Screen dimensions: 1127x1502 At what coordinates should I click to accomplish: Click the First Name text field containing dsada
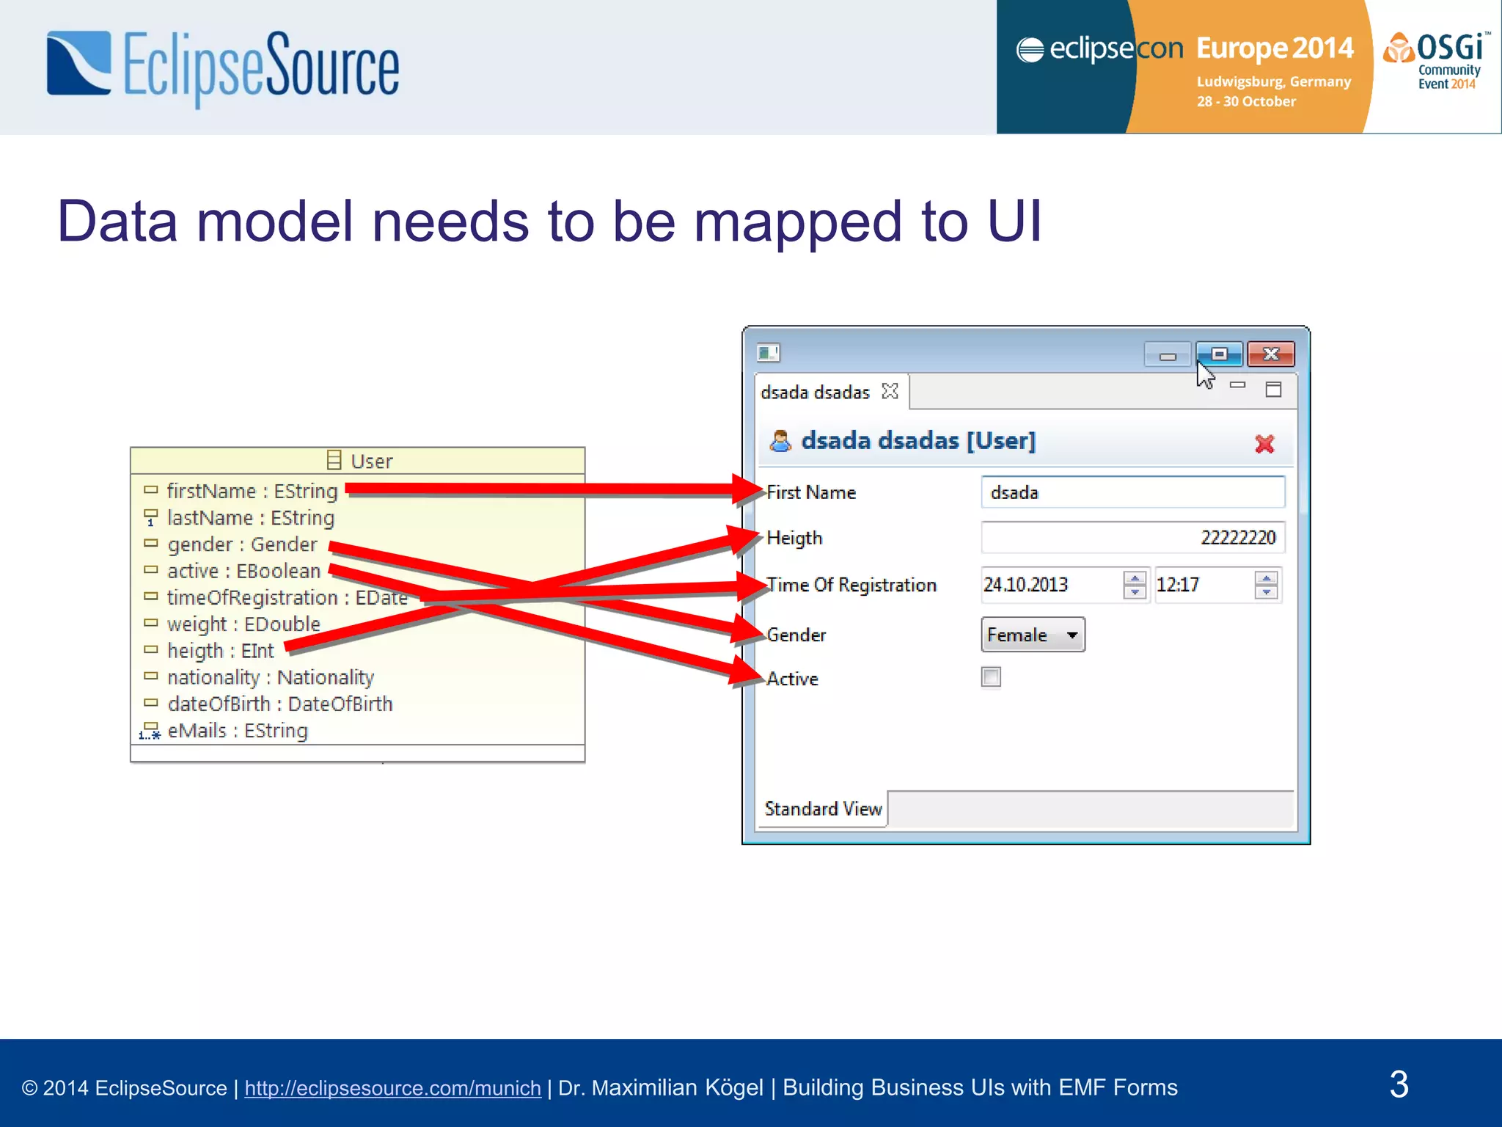1132,492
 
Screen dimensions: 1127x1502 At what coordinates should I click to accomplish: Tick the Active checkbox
991,677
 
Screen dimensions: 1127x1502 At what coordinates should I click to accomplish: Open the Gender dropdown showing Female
1033,635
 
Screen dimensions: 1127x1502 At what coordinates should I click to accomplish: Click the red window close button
1271,354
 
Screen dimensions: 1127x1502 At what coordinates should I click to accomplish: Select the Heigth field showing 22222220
1132,538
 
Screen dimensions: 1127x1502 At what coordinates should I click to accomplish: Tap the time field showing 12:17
1203,585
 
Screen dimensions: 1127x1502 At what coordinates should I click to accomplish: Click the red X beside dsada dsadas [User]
1264,444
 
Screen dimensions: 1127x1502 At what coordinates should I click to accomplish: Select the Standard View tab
823,809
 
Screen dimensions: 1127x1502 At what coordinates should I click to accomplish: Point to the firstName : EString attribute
252,491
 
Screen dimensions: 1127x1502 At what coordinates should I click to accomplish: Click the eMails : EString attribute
237,731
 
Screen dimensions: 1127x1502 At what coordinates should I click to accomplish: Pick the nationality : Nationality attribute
270,677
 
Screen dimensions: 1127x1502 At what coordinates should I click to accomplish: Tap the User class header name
371,462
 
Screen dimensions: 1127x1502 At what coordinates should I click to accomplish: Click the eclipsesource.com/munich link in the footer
392,1088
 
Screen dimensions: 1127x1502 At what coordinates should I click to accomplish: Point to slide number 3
1399,1084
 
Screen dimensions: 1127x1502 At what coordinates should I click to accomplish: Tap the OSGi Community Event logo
1437,62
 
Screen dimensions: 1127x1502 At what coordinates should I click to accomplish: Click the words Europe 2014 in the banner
1275,48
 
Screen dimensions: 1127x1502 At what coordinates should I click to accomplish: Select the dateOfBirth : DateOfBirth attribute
279,704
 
